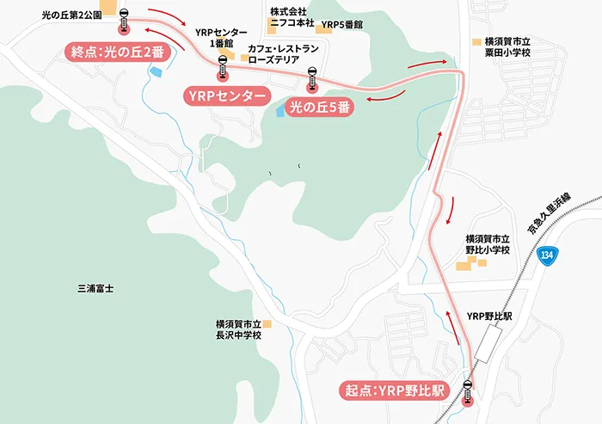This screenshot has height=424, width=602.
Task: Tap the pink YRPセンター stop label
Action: [224, 95]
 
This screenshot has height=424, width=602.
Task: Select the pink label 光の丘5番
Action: [318, 109]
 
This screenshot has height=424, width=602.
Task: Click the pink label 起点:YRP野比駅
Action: [391, 390]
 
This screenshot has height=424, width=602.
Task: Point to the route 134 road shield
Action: [549, 255]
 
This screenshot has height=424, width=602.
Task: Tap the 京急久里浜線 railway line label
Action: [557, 211]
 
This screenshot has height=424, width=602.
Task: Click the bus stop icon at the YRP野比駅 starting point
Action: [468, 391]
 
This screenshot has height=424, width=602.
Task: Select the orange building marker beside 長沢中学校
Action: [267, 323]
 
